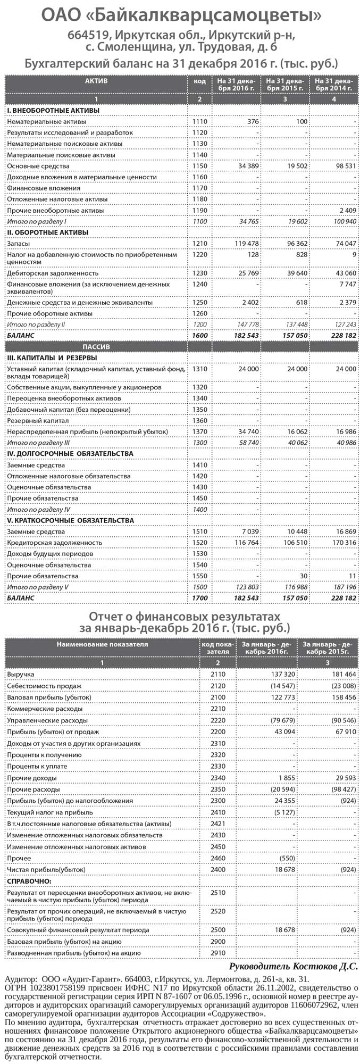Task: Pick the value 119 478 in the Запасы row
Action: click(247, 243)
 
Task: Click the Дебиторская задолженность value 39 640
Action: click(297, 272)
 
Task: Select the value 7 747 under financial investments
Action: click(348, 285)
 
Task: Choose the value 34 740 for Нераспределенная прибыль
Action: click(248, 431)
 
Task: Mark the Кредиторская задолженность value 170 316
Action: click(344, 543)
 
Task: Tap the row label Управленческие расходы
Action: click(47, 720)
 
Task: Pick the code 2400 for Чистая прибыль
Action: click(218, 869)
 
